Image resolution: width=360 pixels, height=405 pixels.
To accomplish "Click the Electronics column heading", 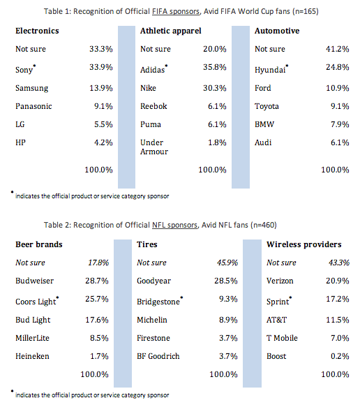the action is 37,31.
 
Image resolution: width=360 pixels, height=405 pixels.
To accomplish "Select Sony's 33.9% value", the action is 101,67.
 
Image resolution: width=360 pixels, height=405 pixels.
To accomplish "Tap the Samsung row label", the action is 31,89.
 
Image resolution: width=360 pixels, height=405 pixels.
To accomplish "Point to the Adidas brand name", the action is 153,70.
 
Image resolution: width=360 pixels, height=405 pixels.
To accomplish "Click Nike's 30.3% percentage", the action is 215,88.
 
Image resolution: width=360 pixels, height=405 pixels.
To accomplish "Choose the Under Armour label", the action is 154,147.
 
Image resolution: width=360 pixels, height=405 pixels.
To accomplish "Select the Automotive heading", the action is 277,31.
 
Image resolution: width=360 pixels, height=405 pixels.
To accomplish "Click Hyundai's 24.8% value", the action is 337,67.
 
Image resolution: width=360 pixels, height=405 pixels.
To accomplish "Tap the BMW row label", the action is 264,124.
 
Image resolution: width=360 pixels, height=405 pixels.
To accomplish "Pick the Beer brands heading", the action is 39,244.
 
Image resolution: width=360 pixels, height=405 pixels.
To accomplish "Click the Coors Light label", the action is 36,302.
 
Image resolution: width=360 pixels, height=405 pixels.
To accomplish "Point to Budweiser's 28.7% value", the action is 97,281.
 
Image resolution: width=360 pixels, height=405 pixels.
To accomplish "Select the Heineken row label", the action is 32,356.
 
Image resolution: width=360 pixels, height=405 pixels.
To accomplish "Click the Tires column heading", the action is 147,244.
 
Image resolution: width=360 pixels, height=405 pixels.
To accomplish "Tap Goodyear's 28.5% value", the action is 226,281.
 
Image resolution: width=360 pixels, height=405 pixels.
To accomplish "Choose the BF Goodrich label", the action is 158,356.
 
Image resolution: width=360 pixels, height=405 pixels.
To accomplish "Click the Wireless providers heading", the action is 304,244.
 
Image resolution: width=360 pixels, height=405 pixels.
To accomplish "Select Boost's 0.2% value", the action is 340,356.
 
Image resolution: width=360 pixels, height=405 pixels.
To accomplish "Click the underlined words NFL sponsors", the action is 174,225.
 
